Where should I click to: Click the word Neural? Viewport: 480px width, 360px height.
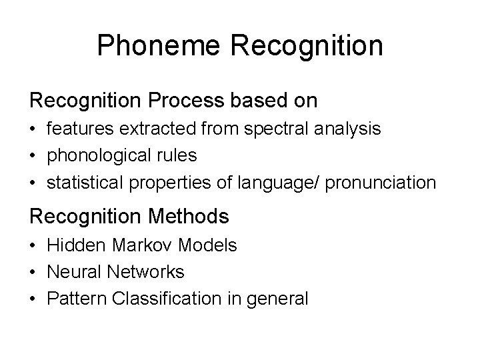tap(71, 272)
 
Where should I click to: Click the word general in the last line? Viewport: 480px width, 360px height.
tap(279, 299)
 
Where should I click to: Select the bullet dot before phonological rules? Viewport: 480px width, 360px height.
tap(33, 156)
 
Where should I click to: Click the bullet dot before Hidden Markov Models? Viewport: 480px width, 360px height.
tap(33, 245)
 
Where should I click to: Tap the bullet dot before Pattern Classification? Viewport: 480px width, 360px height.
tap(33, 299)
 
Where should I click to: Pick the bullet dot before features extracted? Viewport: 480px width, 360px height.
tap(33, 129)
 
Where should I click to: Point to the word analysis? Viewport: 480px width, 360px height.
tap(353, 129)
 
